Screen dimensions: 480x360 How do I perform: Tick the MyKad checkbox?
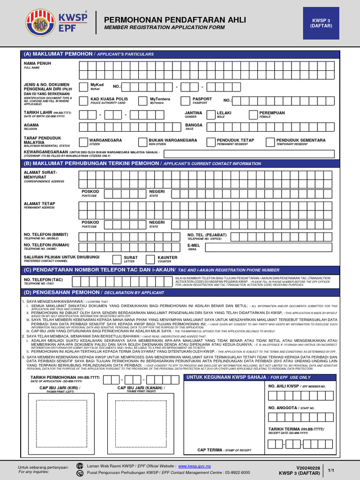point(84,87)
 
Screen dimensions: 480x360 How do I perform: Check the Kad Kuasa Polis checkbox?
point(84,101)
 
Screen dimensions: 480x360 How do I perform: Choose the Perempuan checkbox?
point(253,115)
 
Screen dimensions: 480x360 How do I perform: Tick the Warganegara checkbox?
point(84,142)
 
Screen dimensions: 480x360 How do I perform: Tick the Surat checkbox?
point(117,259)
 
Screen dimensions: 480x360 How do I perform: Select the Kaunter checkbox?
point(150,259)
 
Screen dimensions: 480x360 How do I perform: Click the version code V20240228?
point(308,467)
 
